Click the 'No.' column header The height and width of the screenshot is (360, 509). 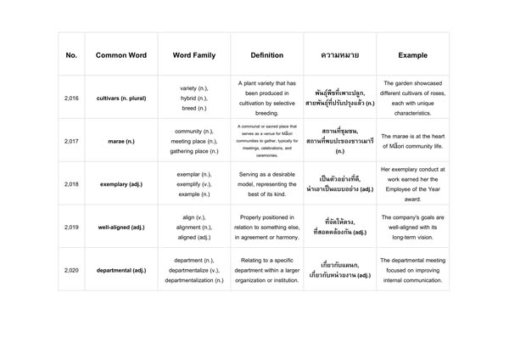(71, 55)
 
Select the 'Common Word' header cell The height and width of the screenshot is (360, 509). (121, 55)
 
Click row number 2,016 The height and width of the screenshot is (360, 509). (71, 98)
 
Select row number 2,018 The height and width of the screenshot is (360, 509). (71, 183)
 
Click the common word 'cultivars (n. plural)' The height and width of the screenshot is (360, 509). (121, 98)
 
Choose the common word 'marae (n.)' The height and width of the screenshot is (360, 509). (121, 141)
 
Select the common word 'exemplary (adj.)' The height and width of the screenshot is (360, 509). (121, 183)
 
